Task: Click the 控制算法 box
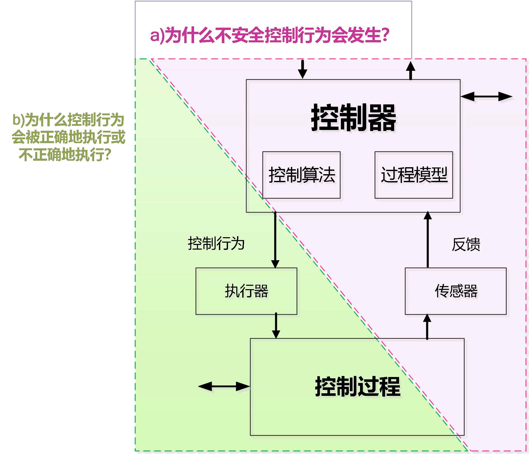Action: click(x=301, y=175)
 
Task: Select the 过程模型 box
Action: click(x=414, y=175)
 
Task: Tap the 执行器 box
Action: click(x=246, y=291)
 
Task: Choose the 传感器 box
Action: click(x=455, y=291)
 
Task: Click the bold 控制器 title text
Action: click(x=353, y=118)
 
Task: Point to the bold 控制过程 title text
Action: click(x=357, y=387)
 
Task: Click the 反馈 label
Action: click(x=466, y=244)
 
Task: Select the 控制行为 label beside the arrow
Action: click(x=216, y=243)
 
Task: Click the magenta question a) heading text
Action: click(x=269, y=35)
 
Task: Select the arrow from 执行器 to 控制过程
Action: click(x=276, y=326)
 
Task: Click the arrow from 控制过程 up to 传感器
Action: click(x=427, y=326)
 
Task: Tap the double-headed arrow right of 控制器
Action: click(x=486, y=97)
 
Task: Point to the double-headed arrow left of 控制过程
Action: click(x=224, y=387)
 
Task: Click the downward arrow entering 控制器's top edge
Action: click(x=302, y=69)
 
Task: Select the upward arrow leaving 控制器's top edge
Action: click(x=410, y=70)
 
